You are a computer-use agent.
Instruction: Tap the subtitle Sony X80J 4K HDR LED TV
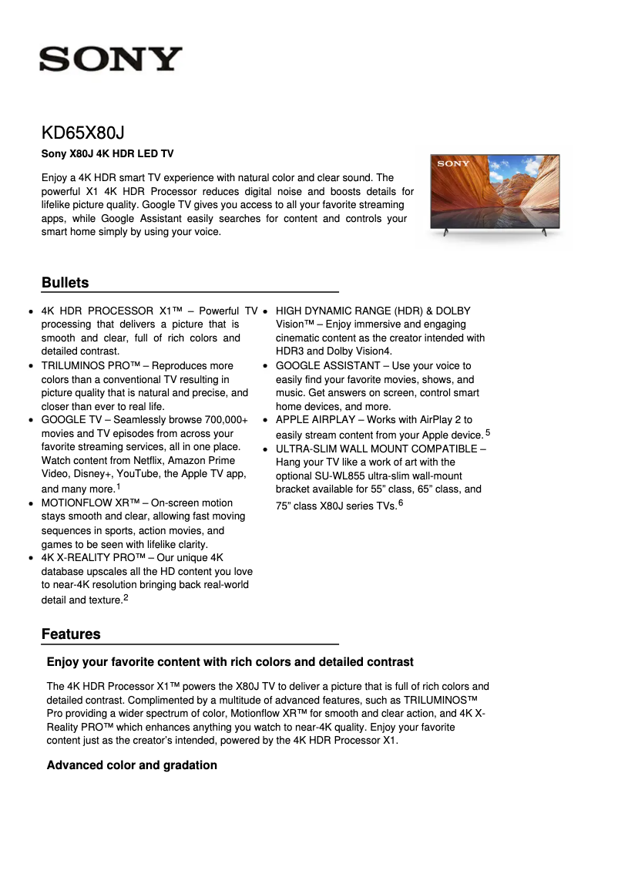click(107, 154)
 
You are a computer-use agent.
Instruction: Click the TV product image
click(495, 193)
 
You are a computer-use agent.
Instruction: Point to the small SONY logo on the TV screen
click(454, 163)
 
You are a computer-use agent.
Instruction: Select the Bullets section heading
click(65, 283)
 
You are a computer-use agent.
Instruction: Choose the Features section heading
click(71, 634)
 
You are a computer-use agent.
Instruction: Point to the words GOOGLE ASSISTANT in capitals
click(327, 365)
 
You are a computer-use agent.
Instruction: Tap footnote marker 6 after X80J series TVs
click(401, 503)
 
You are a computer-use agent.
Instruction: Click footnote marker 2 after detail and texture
click(126, 597)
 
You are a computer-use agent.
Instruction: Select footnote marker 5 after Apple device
click(488, 432)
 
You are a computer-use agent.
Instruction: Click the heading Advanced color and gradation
click(132, 765)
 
